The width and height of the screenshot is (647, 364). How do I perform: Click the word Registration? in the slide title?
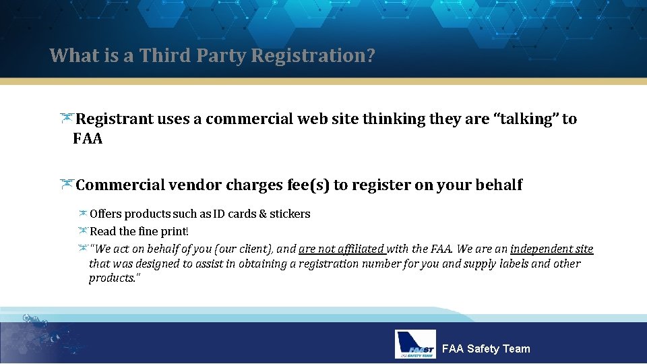313,55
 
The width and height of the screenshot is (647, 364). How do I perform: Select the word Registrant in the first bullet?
114,119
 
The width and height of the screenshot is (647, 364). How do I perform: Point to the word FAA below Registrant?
88,140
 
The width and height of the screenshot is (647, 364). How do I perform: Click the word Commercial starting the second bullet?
120,185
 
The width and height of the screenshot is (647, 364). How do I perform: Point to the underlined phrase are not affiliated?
341,249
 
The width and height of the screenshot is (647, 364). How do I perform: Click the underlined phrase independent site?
551,249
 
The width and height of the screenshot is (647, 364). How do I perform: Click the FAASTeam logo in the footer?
416,344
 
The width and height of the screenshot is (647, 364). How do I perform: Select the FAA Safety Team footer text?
485,348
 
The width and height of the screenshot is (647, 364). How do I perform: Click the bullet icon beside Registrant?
66,119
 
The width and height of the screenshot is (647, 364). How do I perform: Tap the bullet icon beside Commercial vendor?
66,185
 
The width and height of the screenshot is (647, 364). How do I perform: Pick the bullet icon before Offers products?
82,214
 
